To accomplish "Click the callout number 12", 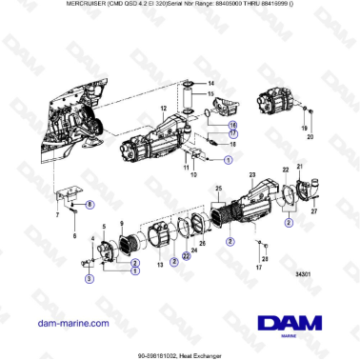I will tap(163, 110).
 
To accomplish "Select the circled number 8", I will tap(90, 205).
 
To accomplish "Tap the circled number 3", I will tap(88, 279).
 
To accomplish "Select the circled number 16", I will tap(232, 124).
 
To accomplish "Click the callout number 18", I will tap(232, 145).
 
